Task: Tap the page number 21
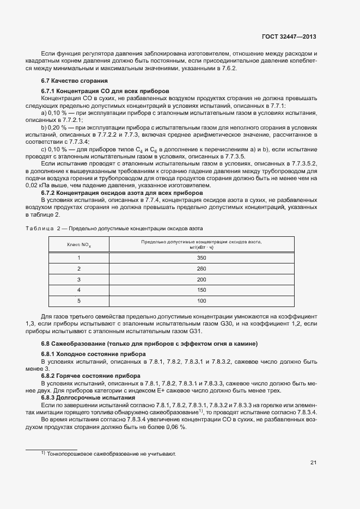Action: tap(313, 463)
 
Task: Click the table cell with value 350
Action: tap(202, 257)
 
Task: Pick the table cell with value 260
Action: tap(202, 268)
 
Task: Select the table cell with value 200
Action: tap(202, 279)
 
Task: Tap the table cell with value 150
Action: tap(202, 290)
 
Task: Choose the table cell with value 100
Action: tap(202, 301)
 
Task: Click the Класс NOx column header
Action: tap(79, 244)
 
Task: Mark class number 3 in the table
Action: tap(79, 279)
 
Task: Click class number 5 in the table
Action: tap(79, 301)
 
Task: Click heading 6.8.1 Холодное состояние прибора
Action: tap(93, 354)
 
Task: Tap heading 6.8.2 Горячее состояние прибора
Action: tap(91, 376)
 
